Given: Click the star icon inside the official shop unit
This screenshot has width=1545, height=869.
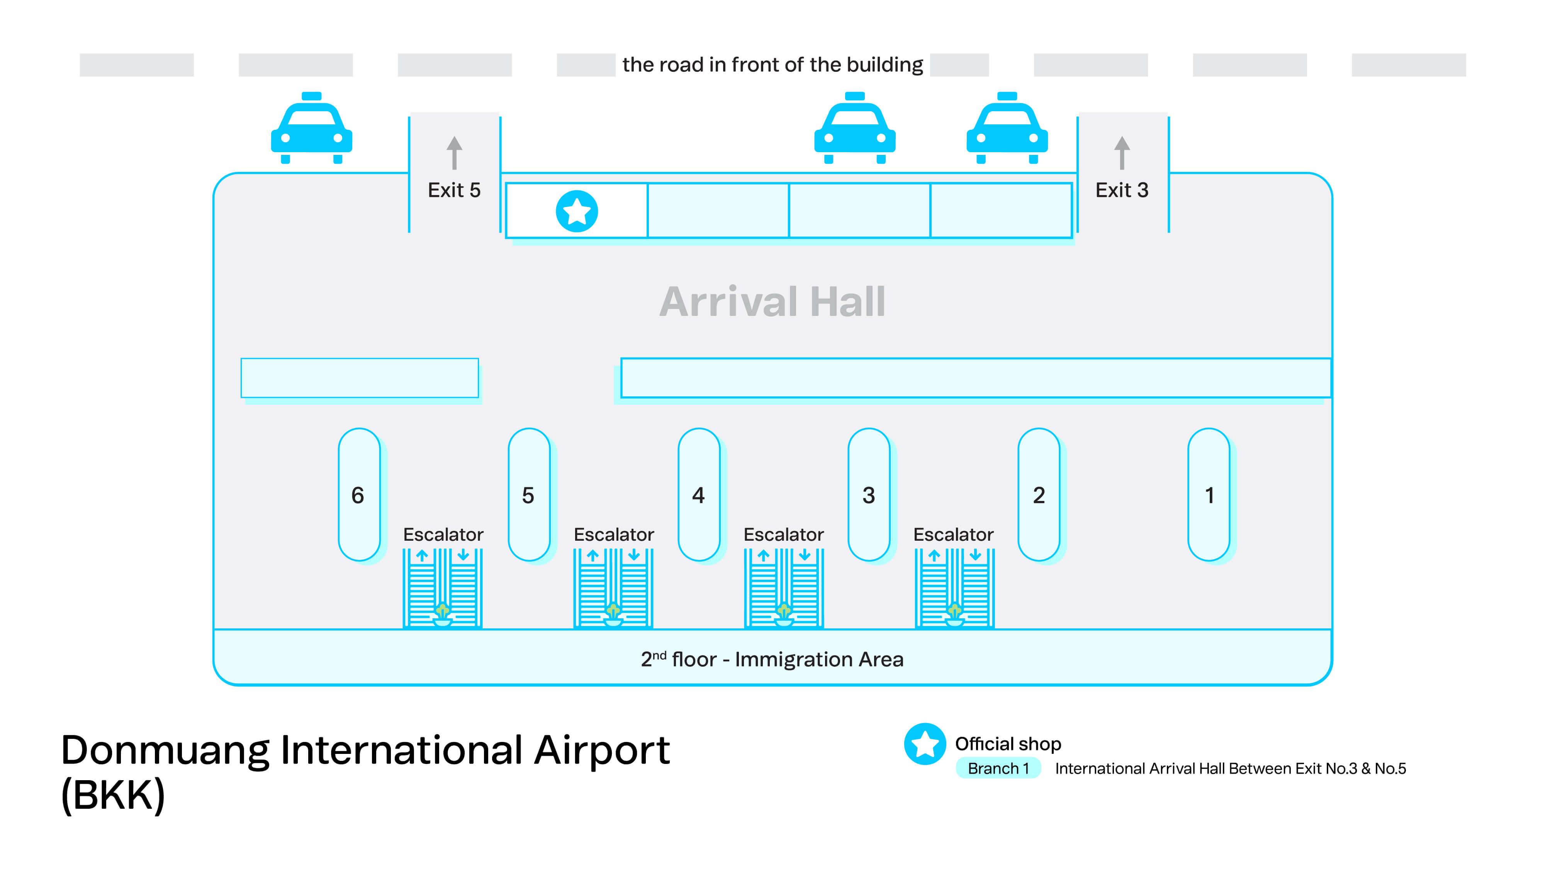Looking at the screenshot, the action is (x=576, y=211).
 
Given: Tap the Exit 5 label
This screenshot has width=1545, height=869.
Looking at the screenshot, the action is (x=454, y=190).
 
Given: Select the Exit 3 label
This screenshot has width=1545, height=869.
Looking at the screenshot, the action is (x=1122, y=190).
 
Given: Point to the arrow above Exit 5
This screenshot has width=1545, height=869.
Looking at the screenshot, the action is (x=454, y=153).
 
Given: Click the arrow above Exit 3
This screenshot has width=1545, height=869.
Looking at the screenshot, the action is (x=1122, y=153).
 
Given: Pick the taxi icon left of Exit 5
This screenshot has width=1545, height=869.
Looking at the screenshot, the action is (x=311, y=128).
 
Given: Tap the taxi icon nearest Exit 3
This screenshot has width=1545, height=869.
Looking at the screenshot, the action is (x=1007, y=128).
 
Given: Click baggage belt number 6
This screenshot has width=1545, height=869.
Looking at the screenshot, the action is (x=359, y=495).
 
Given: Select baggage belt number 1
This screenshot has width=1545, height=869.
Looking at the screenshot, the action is (x=1209, y=495).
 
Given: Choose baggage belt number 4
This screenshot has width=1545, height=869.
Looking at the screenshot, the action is (x=699, y=495).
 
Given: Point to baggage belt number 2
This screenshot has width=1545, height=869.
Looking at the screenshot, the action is (x=1039, y=495).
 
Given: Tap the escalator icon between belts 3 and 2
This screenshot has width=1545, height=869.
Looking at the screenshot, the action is (x=954, y=588).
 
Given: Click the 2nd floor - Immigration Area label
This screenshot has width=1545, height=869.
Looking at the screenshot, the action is (x=772, y=659).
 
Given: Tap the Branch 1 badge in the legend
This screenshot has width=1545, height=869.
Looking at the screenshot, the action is (x=998, y=768).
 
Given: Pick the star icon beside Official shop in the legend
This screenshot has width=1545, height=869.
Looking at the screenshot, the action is (x=925, y=743).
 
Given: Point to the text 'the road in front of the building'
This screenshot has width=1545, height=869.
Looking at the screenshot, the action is (x=772, y=64).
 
